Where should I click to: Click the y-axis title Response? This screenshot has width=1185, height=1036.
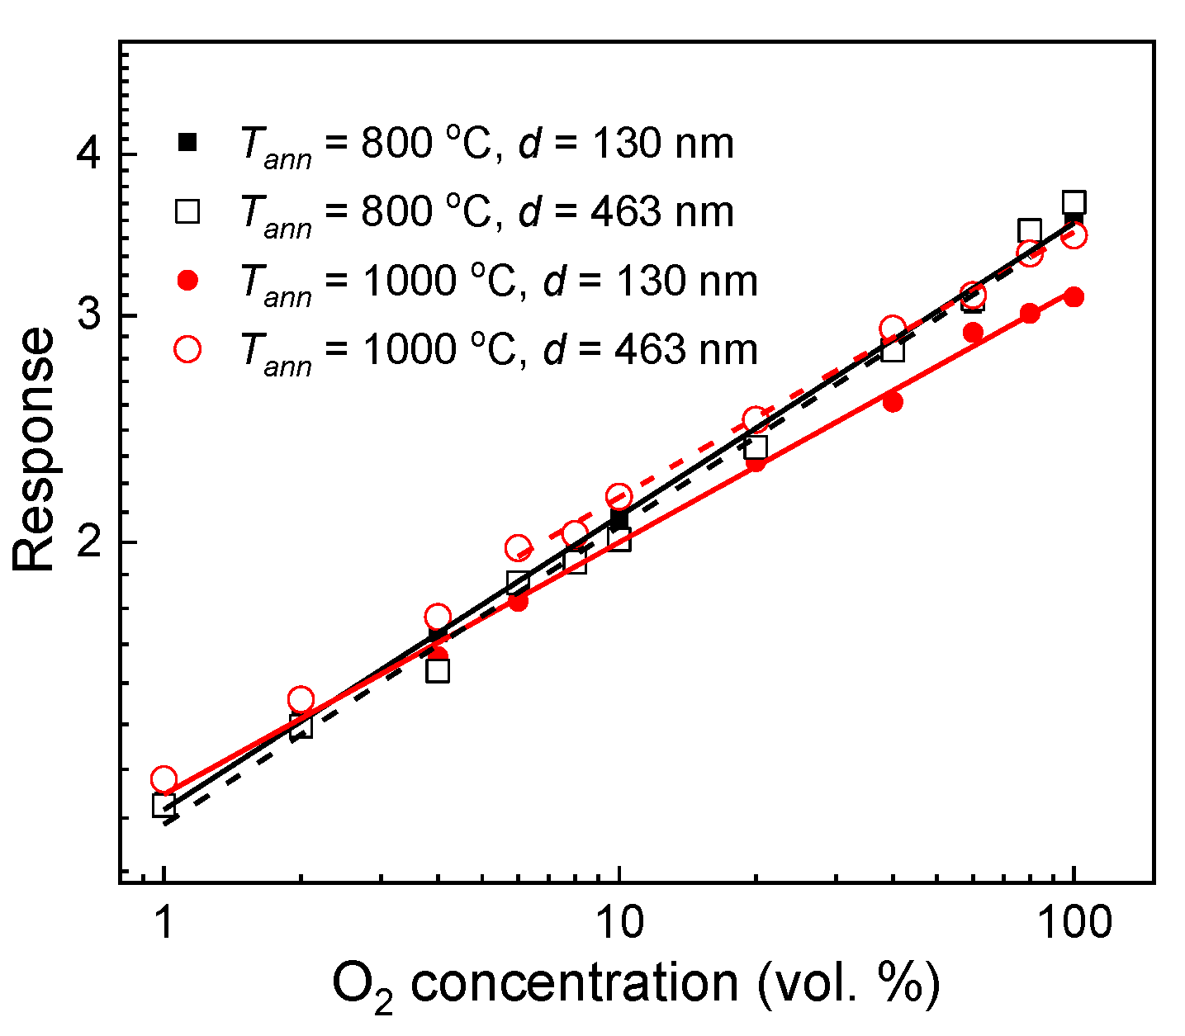[35, 450]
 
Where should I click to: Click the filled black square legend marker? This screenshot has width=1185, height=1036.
[188, 143]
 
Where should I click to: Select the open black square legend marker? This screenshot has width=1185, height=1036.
[188, 212]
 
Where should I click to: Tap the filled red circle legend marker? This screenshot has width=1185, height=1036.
[188, 281]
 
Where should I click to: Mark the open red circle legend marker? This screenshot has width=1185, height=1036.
[188, 349]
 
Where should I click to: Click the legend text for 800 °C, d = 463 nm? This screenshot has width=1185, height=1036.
[486, 213]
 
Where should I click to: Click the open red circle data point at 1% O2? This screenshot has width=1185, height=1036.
[164, 779]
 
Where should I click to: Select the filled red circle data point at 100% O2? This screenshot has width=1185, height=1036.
[1074, 297]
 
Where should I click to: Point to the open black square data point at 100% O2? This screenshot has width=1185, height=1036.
[1074, 202]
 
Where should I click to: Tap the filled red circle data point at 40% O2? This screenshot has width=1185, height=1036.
[893, 402]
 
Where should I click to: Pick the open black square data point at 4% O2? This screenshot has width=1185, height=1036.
[438, 671]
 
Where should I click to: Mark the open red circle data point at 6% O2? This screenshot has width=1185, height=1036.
[518, 548]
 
